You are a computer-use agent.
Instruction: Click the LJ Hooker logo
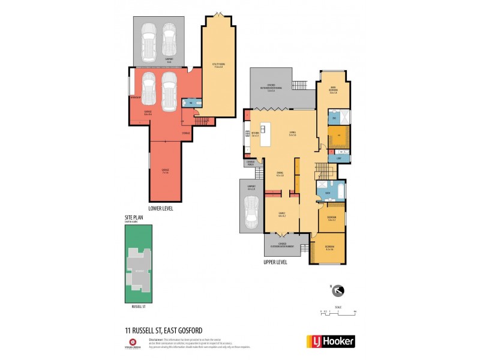pyautogui.click(x=331, y=341)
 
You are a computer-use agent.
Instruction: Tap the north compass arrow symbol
pyautogui.click(x=339, y=291)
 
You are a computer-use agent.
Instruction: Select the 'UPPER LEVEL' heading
pyautogui.click(x=275, y=262)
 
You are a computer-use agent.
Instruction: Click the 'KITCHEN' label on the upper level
pyautogui.click(x=255, y=134)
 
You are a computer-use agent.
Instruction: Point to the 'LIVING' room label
pyautogui.click(x=293, y=134)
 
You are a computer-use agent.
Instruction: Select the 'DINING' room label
pyautogui.click(x=280, y=173)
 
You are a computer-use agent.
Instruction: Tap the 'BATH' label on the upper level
pyautogui.click(x=328, y=193)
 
